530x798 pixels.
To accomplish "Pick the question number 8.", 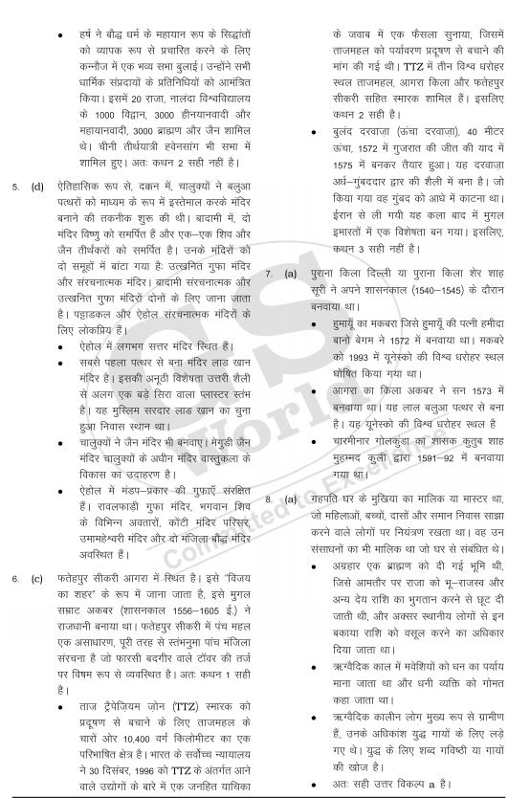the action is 270,499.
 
